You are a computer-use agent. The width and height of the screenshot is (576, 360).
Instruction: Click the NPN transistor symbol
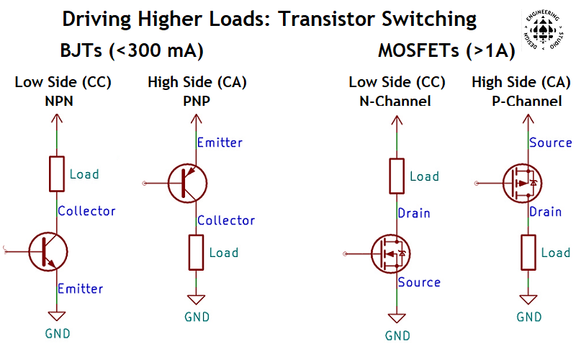48,250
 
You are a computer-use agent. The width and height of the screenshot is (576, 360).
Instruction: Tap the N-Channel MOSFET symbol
391,253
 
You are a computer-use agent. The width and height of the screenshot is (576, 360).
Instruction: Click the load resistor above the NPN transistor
57,174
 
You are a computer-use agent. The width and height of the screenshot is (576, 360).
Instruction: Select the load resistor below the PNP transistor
196,252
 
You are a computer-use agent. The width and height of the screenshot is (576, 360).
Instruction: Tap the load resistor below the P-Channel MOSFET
528,253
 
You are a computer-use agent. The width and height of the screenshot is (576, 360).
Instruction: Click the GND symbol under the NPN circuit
57,315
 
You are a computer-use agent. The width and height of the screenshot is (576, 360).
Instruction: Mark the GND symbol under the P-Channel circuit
528,298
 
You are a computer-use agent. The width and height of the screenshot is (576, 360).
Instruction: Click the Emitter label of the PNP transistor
220,142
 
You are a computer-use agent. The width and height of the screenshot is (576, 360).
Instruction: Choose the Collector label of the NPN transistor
86,211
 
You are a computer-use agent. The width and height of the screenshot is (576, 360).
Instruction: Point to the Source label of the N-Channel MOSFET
419,282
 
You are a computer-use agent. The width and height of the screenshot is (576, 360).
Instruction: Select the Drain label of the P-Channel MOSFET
545,212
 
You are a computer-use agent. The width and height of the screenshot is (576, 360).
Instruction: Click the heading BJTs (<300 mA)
132,52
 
